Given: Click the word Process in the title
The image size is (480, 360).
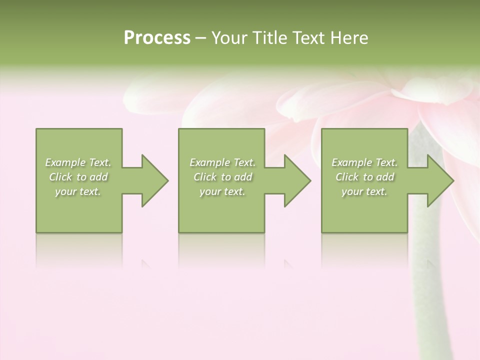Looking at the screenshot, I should pyautogui.click(x=157, y=38).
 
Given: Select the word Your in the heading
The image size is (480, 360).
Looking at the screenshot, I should pyautogui.click(x=230, y=38).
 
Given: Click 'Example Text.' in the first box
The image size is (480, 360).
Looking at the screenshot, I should pyautogui.click(x=78, y=162).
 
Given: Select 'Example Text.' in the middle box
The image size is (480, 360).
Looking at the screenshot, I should pyautogui.click(x=222, y=162).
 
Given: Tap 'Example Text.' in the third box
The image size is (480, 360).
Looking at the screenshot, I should pyautogui.click(x=364, y=162).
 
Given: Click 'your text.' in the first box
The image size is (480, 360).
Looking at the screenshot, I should pyautogui.click(x=78, y=191).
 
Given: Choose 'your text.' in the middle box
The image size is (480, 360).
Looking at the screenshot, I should pyautogui.click(x=222, y=191).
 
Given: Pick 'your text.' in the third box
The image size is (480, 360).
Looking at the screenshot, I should pyautogui.click(x=364, y=191).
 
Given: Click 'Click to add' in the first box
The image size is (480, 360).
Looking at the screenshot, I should pyautogui.click(x=78, y=177).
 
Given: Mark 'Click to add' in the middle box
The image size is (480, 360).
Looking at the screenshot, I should pyautogui.click(x=222, y=177).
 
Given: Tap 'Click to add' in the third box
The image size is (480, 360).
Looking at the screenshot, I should pyautogui.click(x=364, y=177).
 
